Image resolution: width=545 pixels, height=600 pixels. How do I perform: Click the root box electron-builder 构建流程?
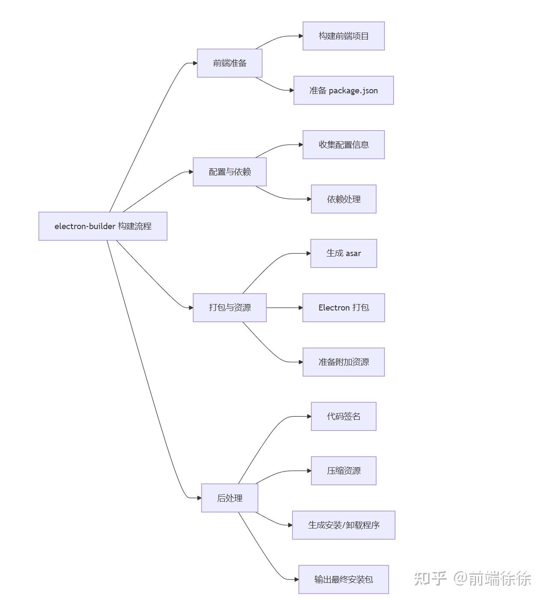point(103,226)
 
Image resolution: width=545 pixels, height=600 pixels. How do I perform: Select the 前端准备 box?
point(229,63)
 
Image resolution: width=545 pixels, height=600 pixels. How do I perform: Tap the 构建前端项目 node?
point(343,36)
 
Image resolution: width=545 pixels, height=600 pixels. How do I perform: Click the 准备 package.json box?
point(343,90)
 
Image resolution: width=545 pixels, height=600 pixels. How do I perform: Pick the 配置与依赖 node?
point(229,172)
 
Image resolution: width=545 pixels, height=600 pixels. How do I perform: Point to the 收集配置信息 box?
point(343,145)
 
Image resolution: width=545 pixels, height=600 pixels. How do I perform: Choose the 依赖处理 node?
point(343,199)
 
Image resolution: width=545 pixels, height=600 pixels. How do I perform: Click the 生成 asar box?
point(343,254)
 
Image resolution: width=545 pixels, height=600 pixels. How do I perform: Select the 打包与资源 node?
point(229,307)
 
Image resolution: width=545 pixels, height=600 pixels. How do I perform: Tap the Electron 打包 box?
point(343,307)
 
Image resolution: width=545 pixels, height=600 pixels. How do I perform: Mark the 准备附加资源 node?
point(343,362)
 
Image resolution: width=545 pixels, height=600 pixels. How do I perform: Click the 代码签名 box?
point(343,416)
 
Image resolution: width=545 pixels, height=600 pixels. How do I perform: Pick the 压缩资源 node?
point(343,471)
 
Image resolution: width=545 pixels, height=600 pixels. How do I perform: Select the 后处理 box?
point(229,498)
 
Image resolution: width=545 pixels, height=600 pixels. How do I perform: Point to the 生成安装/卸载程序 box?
point(343,525)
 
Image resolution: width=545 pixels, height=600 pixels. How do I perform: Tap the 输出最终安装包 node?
point(343,579)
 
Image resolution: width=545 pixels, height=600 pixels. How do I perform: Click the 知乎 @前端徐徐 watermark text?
point(472,579)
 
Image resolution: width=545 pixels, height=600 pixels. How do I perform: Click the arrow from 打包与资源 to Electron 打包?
point(284,307)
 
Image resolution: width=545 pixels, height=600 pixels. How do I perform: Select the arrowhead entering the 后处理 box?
point(199,498)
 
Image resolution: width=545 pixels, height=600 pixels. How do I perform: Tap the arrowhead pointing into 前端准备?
point(195,63)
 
